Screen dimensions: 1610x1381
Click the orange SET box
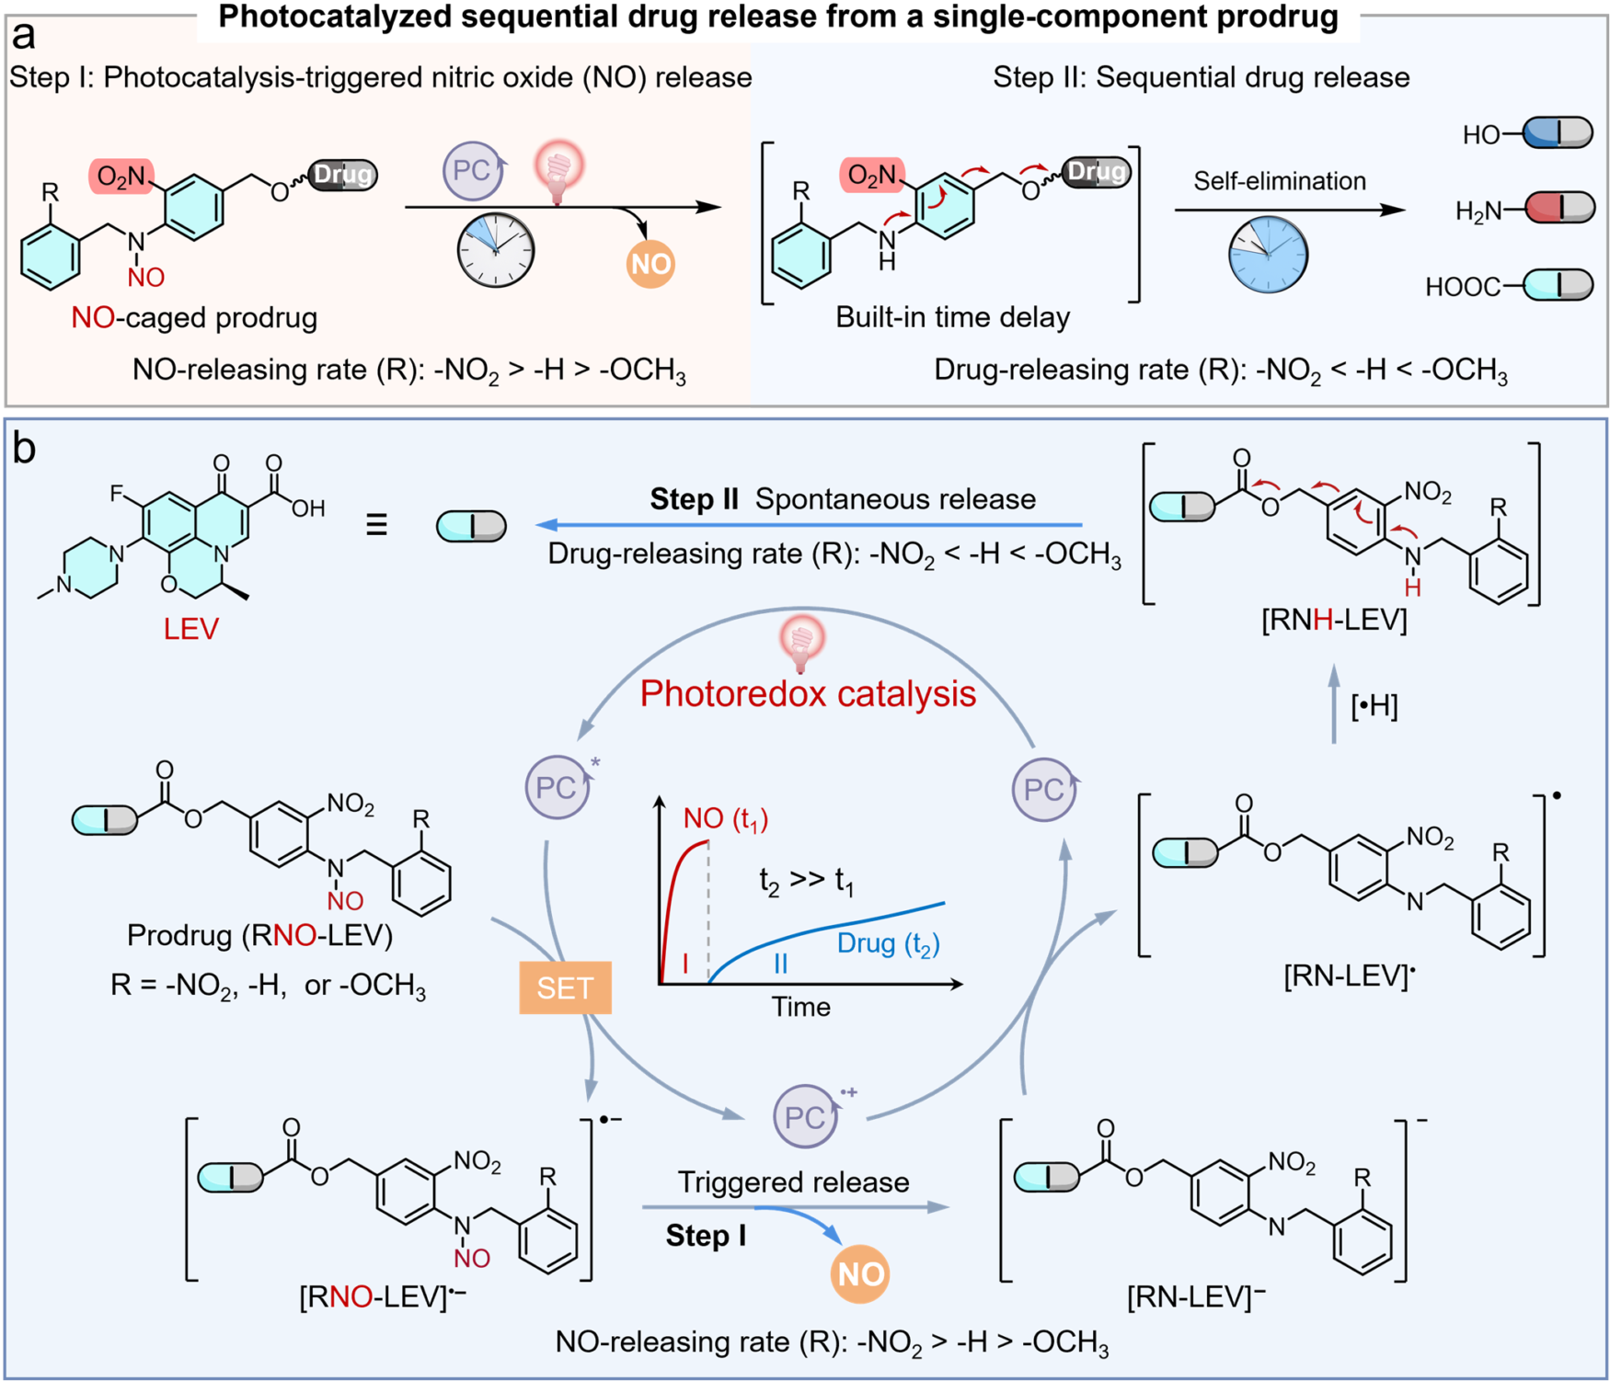(x=565, y=987)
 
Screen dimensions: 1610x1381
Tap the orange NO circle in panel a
(x=650, y=264)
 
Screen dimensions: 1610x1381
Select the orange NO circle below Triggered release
(x=860, y=1274)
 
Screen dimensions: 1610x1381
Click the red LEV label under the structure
(x=191, y=629)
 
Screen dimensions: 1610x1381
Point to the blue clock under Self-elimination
(x=1268, y=255)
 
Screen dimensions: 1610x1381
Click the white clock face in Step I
(x=496, y=250)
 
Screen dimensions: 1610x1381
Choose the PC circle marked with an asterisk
(x=558, y=787)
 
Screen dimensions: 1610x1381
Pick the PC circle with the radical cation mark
(x=806, y=1116)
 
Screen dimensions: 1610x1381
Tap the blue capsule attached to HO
(x=1558, y=133)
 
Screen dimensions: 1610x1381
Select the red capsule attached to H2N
(x=1559, y=209)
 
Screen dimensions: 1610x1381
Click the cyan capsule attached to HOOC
(x=1558, y=285)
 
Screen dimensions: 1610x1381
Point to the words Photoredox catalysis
(x=808, y=693)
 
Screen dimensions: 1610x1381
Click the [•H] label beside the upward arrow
(x=1374, y=706)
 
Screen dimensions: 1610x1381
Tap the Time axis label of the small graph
(x=800, y=1007)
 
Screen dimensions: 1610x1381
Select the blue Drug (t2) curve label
(x=889, y=944)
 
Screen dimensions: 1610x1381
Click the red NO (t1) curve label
(x=726, y=818)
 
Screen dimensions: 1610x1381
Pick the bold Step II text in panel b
(x=695, y=499)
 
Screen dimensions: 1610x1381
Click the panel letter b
(x=24, y=450)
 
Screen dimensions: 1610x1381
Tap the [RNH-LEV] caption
(x=1334, y=621)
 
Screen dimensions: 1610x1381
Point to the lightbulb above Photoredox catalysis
(x=802, y=641)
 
